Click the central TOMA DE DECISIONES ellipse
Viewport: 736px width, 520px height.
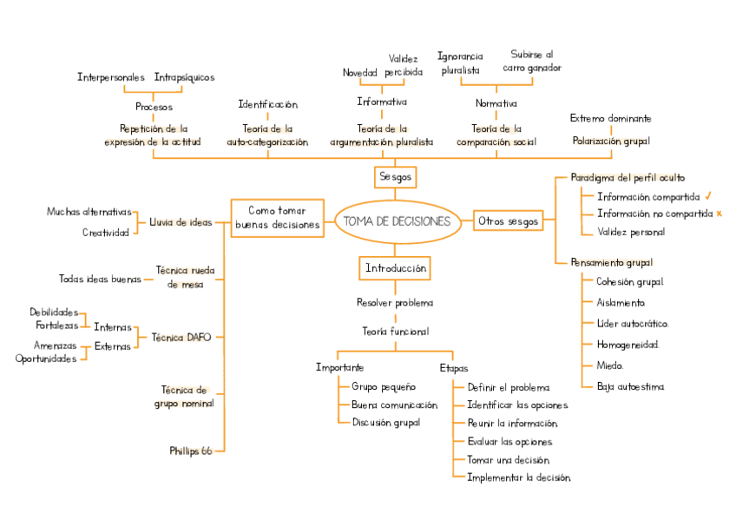click(397, 221)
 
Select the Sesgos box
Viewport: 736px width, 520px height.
click(396, 176)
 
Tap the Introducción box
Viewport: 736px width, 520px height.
click(395, 269)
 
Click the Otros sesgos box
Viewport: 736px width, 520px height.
click(508, 221)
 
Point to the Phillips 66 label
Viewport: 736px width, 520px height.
click(191, 451)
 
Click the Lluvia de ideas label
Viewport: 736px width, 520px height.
click(181, 222)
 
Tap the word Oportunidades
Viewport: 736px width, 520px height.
click(46, 359)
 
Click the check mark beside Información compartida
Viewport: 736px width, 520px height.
click(709, 196)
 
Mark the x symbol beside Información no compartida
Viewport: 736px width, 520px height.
click(720, 214)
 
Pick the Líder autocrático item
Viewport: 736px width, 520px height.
click(632, 324)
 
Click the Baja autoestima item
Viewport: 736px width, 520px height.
click(630, 386)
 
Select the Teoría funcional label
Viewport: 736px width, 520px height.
click(395, 331)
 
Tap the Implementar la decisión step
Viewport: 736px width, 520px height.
click(518, 477)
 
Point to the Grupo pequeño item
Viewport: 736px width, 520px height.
click(383, 386)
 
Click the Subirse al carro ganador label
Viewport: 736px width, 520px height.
click(531, 61)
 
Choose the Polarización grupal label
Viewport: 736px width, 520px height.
click(610, 141)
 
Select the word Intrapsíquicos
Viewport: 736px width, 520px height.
click(184, 77)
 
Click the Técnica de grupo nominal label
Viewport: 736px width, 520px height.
click(184, 397)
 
